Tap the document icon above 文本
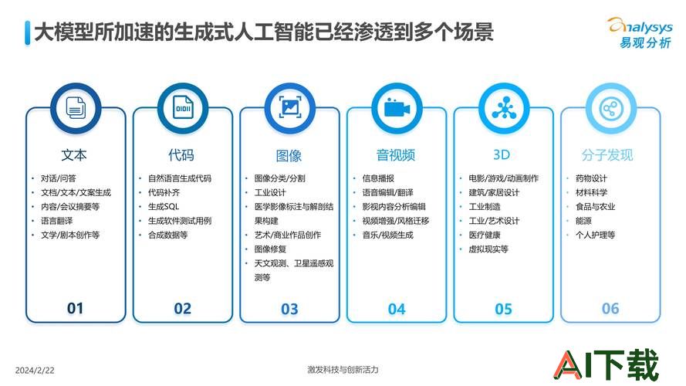coord(76,107)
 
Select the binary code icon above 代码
coord(183,107)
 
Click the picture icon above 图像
coord(290,107)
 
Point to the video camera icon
coord(397,108)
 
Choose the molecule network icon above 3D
coord(504,108)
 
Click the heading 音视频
coord(396,155)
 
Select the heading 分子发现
coord(607,155)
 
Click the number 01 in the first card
coord(76,309)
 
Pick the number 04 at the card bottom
coord(397,310)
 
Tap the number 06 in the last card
coord(610,309)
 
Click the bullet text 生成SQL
coord(164,207)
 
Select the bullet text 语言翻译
coord(57,221)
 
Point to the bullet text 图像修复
coord(270,249)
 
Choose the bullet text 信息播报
coord(378,178)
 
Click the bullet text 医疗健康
coord(485,235)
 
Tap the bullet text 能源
coord(583,221)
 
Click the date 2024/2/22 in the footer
coord(35,371)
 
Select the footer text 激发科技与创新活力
coord(343,369)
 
